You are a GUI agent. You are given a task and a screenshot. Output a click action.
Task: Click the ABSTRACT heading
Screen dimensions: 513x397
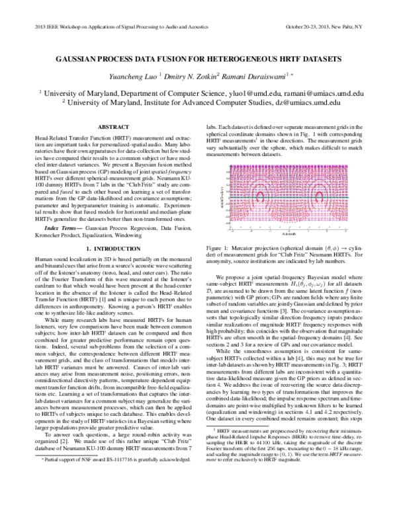point(109,126)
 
